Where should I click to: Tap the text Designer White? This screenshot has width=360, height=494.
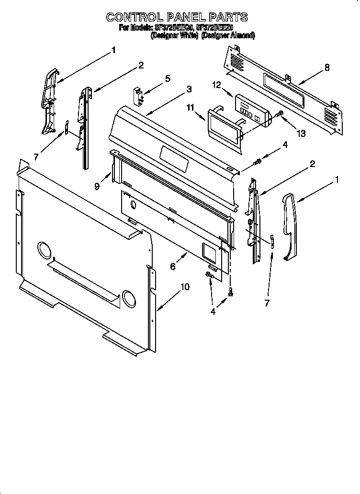(x=174, y=36)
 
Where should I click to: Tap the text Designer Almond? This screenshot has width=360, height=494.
(x=228, y=36)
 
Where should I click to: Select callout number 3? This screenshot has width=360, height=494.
(x=189, y=89)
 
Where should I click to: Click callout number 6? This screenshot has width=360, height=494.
(x=173, y=267)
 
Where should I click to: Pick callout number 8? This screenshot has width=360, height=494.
(x=327, y=67)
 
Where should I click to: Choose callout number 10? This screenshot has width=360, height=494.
(x=185, y=287)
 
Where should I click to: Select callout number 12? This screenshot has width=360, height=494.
(x=216, y=85)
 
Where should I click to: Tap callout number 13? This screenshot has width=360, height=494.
(x=301, y=134)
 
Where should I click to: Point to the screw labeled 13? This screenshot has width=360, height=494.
(x=280, y=115)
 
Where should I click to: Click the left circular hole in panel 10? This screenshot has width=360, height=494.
(x=44, y=250)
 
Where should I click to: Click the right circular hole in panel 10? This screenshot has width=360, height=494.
(x=129, y=297)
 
